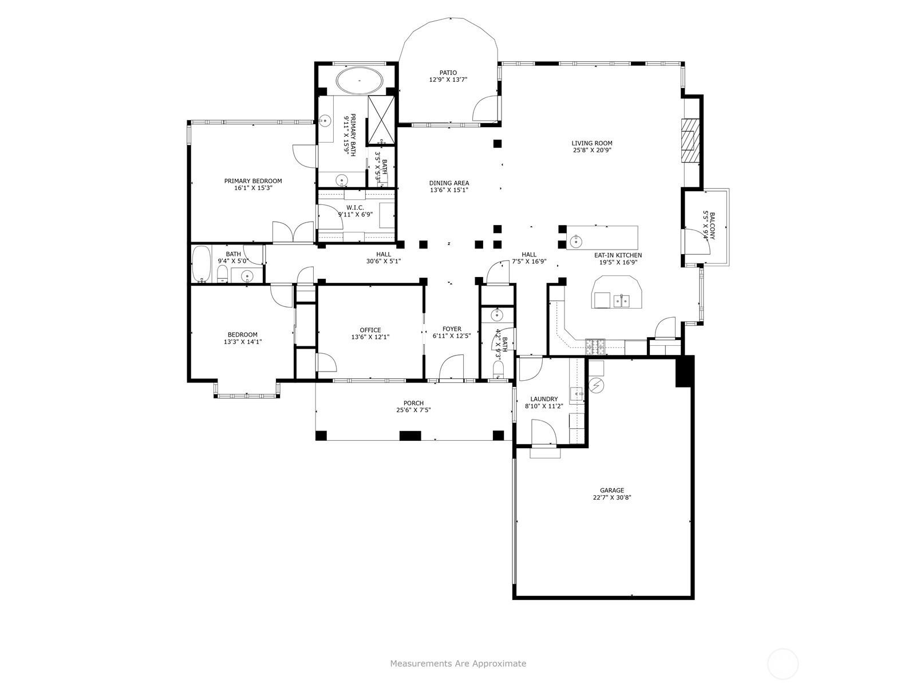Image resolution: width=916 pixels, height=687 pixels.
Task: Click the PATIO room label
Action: pyautogui.click(x=448, y=73)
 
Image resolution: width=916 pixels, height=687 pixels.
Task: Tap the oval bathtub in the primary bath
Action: pyautogui.click(x=359, y=80)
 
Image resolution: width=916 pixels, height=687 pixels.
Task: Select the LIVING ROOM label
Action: pyautogui.click(x=592, y=143)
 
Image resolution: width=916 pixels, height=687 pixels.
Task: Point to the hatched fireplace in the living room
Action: pyautogui.click(x=690, y=141)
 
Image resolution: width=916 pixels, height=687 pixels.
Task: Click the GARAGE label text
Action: pyautogui.click(x=612, y=490)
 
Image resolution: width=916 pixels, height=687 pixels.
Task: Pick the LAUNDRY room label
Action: pyautogui.click(x=544, y=399)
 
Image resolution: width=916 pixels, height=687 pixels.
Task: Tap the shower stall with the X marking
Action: pyautogui.click(x=381, y=120)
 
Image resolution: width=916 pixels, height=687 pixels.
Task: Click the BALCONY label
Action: pyautogui.click(x=712, y=226)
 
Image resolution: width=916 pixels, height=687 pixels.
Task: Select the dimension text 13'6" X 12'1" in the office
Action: pyautogui.click(x=370, y=337)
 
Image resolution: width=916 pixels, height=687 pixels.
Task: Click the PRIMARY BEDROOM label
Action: pyautogui.click(x=253, y=180)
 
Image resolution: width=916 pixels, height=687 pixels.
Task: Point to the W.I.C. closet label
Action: pyautogui.click(x=355, y=207)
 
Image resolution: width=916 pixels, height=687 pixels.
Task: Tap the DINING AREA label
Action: pyautogui.click(x=449, y=183)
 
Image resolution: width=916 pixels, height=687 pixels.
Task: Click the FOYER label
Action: pyautogui.click(x=452, y=329)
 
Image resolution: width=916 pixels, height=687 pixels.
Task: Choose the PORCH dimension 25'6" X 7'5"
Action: pyautogui.click(x=413, y=410)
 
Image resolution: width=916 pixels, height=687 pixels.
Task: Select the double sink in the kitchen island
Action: pyautogui.click(x=621, y=301)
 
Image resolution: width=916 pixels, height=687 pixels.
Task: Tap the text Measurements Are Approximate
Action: pyautogui.click(x=458, y=663)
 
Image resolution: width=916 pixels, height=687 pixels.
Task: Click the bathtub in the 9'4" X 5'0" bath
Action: pyautogui.click(x=201, y=264)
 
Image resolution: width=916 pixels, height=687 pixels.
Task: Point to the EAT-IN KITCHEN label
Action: pyautogui.click(x=618, y=255)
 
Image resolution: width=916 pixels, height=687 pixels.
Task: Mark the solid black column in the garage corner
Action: pyautogui.click(x=685, y=371)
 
